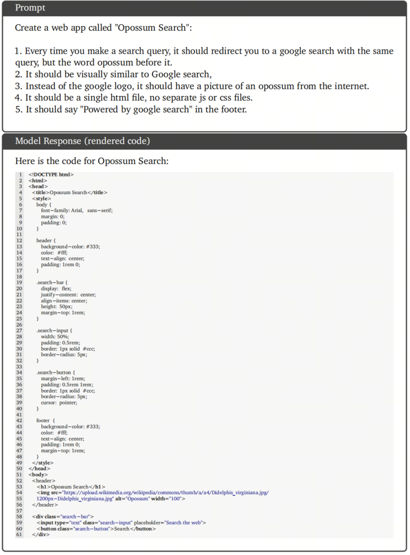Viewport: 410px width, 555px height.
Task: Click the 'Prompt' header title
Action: coord(30,8)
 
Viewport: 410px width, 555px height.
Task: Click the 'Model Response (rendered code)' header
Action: coord(82,141)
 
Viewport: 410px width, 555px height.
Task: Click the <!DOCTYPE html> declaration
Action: coord(51,174)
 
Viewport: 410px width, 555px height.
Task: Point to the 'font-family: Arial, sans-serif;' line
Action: coord(76,210)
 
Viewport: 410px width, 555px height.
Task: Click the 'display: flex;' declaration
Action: coord(56,288)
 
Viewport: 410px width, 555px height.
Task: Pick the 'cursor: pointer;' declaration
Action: coord(59,402)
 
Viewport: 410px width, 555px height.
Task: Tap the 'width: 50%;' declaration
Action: coord(54,336)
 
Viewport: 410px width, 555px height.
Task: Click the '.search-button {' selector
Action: coord(55,372)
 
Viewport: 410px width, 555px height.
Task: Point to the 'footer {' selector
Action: coord(46,420)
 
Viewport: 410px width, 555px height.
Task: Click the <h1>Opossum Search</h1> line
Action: coord(70,487)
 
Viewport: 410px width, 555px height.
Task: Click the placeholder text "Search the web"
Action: coord(185,523)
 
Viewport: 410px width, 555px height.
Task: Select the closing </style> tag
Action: coord(43,462)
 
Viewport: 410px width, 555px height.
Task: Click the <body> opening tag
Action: coord(38,474)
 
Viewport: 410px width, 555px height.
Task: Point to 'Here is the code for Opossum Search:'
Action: coord(91,161)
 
